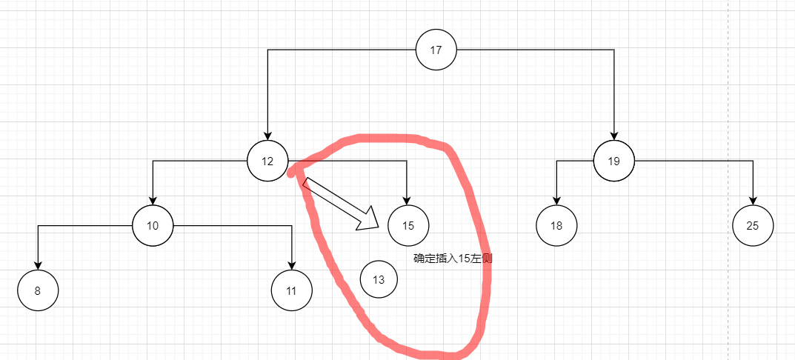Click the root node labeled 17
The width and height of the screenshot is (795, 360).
[436, 50]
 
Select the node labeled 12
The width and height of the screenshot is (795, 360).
[267, 161]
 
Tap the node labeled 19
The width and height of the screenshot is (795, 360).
[614, 161]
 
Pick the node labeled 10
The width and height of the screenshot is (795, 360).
[153, 226]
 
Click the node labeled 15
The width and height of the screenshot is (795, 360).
[408, 226]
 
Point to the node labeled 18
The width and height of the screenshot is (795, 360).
[556, 226]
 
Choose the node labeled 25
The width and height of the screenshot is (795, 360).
[753, 226]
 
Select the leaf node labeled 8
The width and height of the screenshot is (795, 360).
[38, 290]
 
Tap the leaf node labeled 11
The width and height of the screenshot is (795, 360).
[291, 290]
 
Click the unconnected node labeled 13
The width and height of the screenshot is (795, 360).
[379, 279]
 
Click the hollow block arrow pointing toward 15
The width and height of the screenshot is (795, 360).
[341, 204]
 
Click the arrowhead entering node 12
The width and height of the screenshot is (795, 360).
[267, 136]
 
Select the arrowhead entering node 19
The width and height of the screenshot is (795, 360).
[614, 136]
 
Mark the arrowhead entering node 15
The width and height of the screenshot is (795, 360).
[407, 200]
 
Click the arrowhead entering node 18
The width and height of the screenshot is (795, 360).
[556, 200]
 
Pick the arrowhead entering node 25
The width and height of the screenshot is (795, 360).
[753, 200]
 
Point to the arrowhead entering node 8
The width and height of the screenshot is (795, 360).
[38, 265]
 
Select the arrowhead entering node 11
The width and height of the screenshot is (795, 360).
[291, 265]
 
